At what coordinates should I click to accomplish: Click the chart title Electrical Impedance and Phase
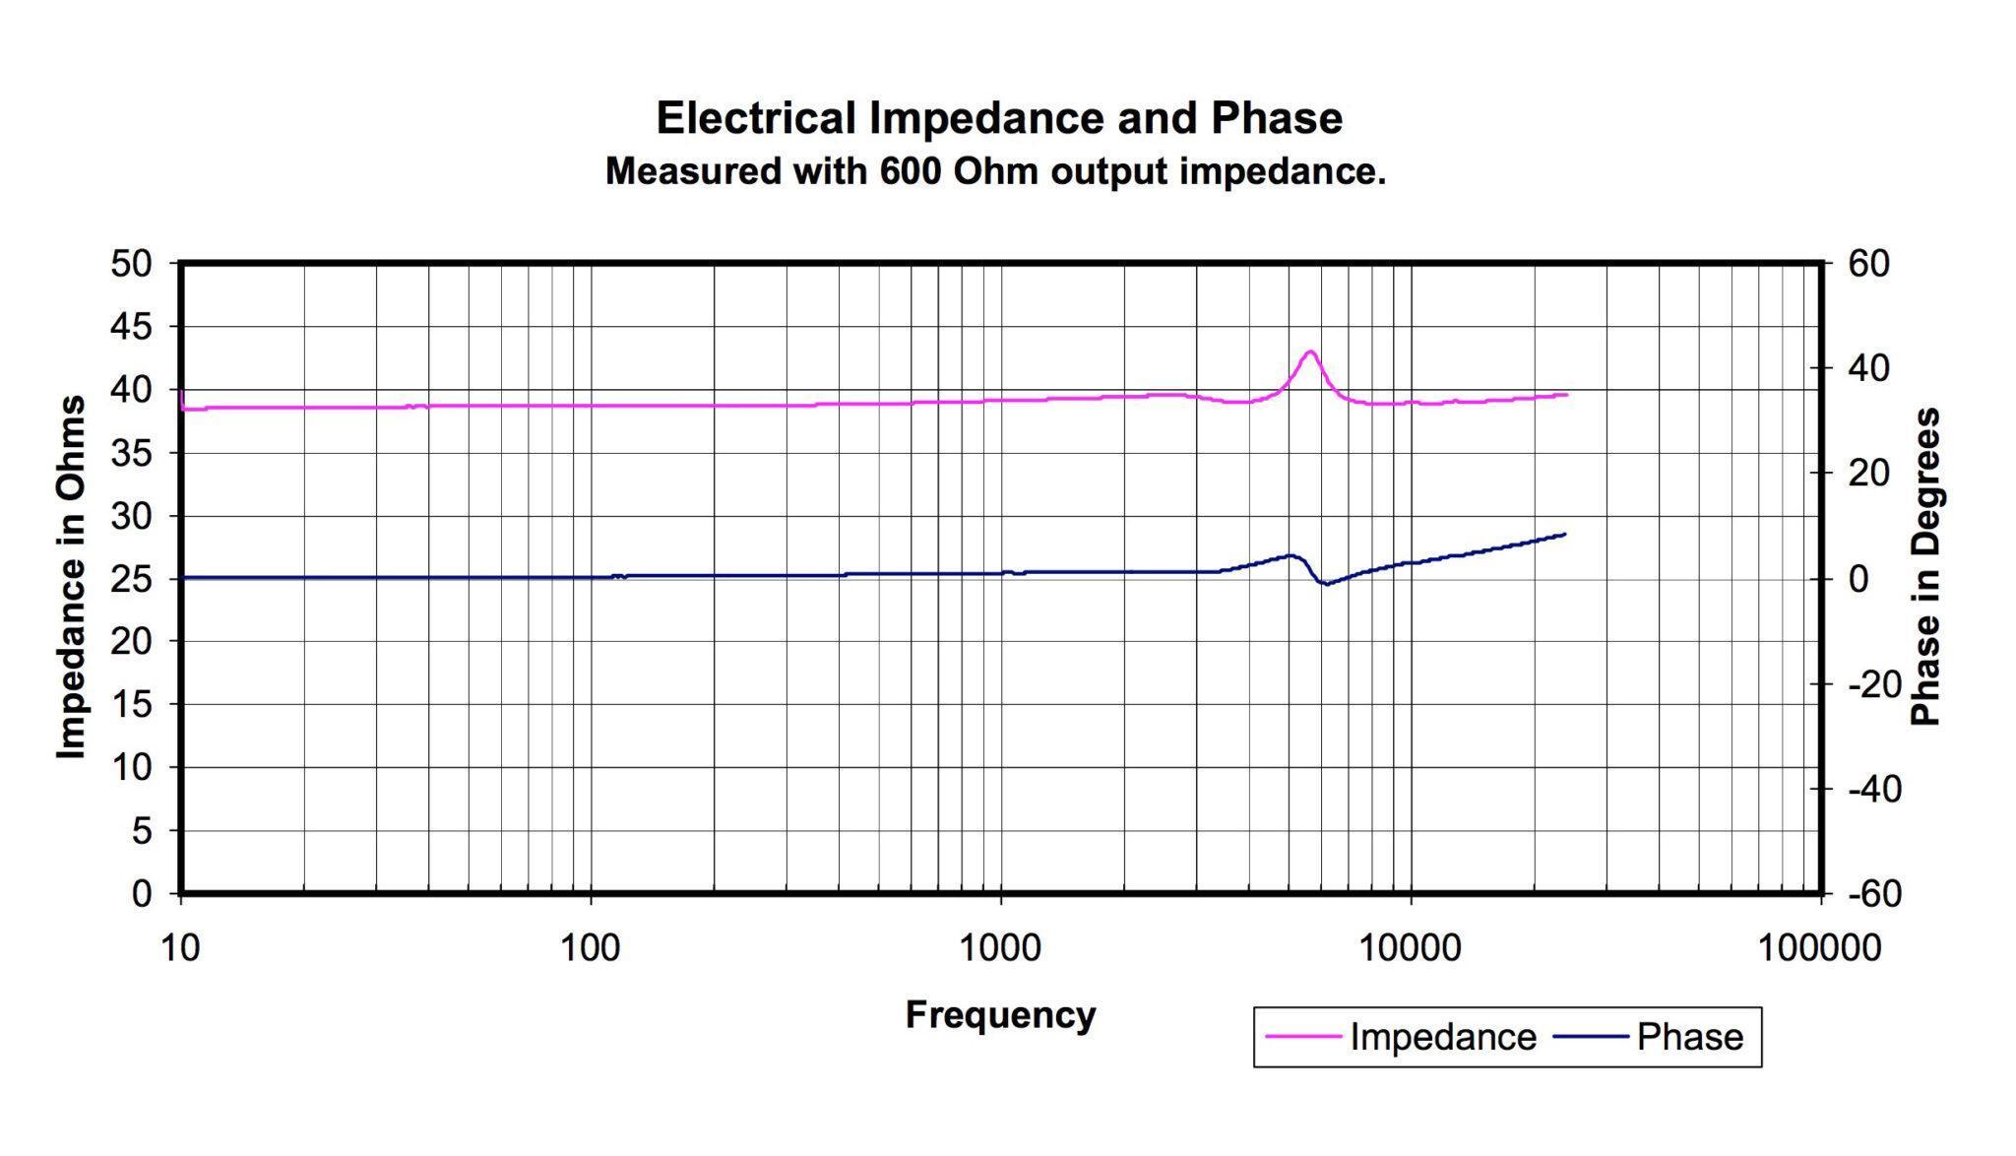click(998, 118)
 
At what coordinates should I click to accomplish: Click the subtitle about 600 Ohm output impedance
click(995, 171)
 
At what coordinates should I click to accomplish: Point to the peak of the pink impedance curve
click(1310, 352)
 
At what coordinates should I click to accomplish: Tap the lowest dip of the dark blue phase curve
click(1326, 584)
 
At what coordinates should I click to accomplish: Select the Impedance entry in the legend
click(1442, 1037)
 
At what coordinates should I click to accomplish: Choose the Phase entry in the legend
click(1689, 1037)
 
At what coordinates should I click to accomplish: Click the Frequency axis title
click(1000, 1014)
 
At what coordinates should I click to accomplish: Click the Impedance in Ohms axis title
click(71, 577)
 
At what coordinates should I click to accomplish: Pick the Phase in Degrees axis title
click(1924, 567)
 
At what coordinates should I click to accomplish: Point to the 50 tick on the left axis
click(131, 264)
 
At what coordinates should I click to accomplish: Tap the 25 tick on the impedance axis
click(131, 578)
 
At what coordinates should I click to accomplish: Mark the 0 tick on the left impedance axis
click(142, 893)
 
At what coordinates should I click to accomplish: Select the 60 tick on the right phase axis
click(1867, 264)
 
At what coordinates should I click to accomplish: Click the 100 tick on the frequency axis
click(591, 947)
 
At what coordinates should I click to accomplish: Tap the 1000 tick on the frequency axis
click(1000, 947)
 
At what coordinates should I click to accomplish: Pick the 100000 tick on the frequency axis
click(1819, 947)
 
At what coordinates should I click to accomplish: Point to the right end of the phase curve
click(1564, 535)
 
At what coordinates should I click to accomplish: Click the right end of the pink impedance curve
click(1566, 395)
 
